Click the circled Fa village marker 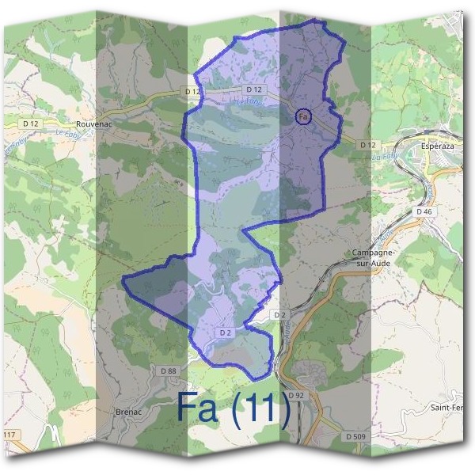coord(303,116)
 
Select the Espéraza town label coord(440,148)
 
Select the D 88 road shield coord(168,370)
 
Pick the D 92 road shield coord(296,394)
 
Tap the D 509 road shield coord(355,436)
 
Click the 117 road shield coord(9,436)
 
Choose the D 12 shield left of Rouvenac coord(31,123)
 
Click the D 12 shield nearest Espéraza coord(366,145)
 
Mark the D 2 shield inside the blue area coord(225,333)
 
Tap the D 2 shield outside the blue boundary coord(279,315)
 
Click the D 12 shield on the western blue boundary coord(192,92)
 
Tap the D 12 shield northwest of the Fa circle coord(253,89)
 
